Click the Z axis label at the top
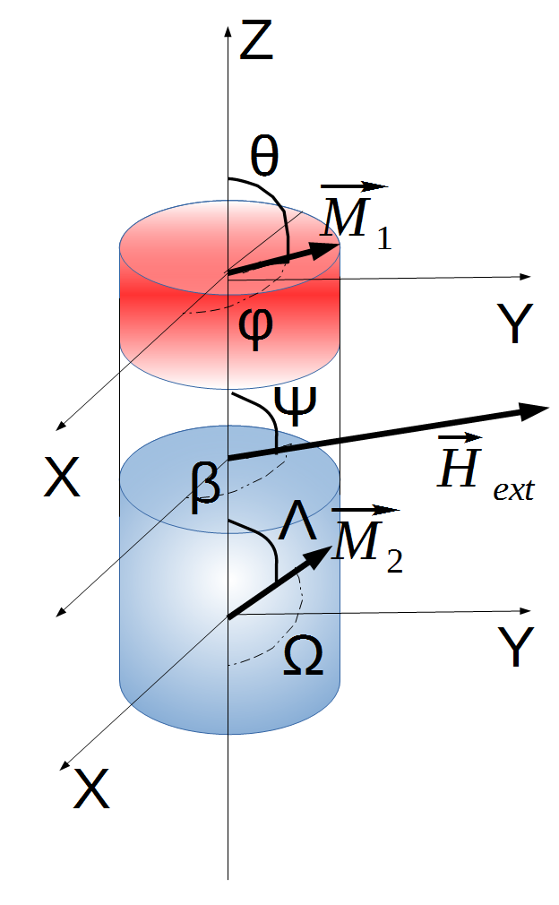coord(256,41)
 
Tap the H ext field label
coord(484,470)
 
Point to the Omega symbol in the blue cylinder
coord(303,660)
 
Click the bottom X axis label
coord(92,791)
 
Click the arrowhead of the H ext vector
coord(535,409)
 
